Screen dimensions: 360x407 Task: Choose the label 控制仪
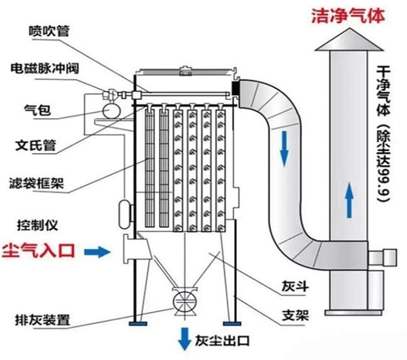point(37,224)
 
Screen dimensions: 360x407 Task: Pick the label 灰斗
point(293,286)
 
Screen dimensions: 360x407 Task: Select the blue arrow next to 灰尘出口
point(185,338)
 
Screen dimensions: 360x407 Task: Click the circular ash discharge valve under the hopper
point(184,301)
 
